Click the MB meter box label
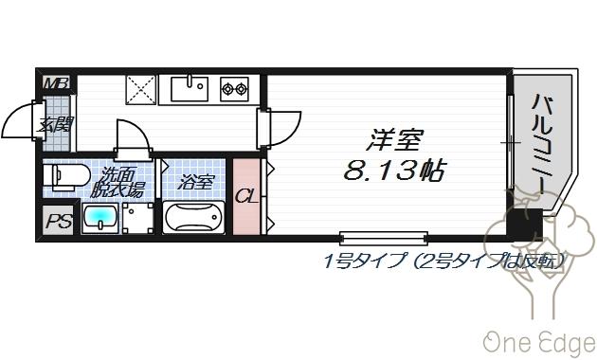pos(57,83)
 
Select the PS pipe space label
pos(59,223)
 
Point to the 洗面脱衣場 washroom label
pos(120,183)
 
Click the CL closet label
pos(245,196)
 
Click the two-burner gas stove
pos(234,90)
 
